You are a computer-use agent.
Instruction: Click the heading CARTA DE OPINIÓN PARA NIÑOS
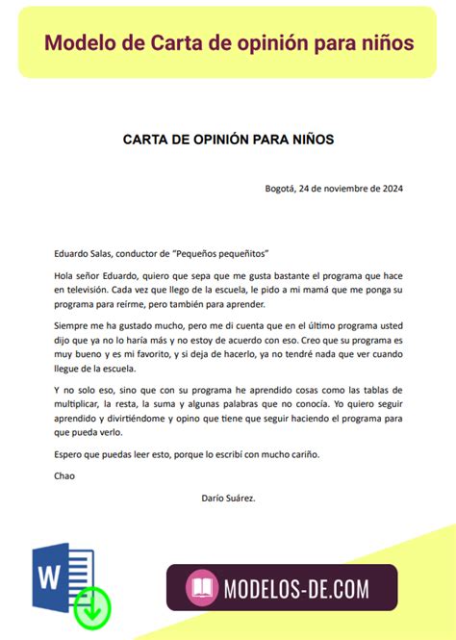(x=228, y=140)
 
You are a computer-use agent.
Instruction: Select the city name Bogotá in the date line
(x=281, y=188)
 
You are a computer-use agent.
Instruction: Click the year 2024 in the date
(x=391, y=188)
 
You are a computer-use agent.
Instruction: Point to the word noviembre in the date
(x=345, y=188)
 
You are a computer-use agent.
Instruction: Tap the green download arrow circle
(x=92, y=605)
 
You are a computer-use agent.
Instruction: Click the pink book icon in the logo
(x=201, y=587)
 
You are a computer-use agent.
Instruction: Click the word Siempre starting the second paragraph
(x=74, y=328)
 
